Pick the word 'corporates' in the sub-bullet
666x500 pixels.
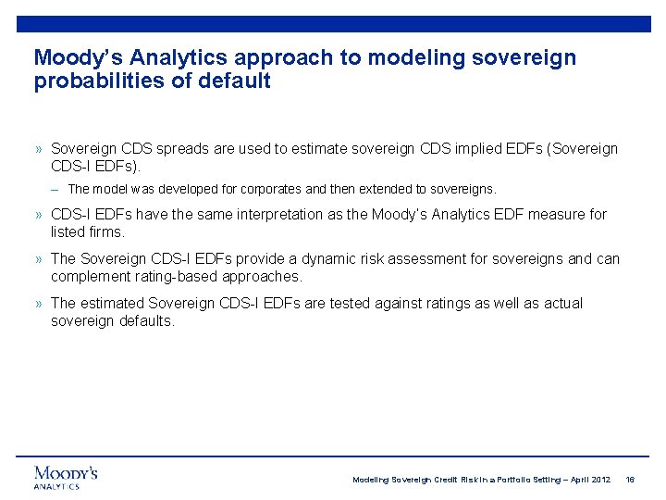(273, 189)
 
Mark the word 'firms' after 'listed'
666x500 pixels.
(105, 231)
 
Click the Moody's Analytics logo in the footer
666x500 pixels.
(66, 477)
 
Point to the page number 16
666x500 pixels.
(630, 480)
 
